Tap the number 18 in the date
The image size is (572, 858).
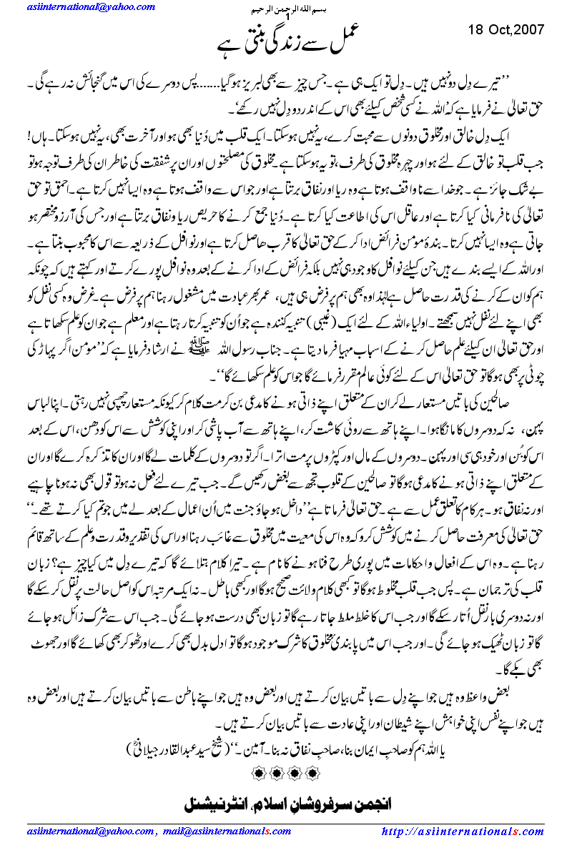pyautogui.click(x=476, y=29)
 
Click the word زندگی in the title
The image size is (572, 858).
pyautogui.click(x=285, y=46)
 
